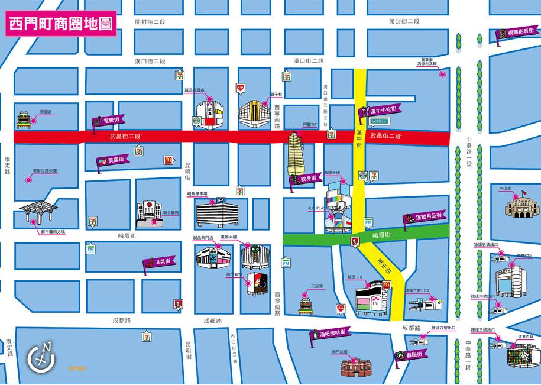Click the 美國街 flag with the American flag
[112, 160]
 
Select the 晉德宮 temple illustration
[25, 120]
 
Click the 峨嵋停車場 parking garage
[215, 212]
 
